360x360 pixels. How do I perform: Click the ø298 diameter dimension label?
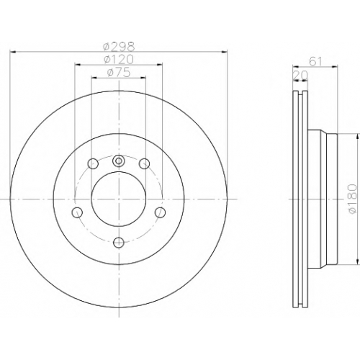(119, 46)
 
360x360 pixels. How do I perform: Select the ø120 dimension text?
(119, 59)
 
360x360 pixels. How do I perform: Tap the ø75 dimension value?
(119, 72)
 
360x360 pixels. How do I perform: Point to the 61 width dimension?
(315, 62)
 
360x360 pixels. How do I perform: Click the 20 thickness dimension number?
(300, 76)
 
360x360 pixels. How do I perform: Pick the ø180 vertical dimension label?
(351, 199)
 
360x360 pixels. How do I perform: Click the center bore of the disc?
(119, 199)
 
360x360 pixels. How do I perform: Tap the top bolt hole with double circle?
(119, 161)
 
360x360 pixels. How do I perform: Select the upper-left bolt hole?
(93, 164)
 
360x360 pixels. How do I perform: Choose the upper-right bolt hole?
(145, 164)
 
